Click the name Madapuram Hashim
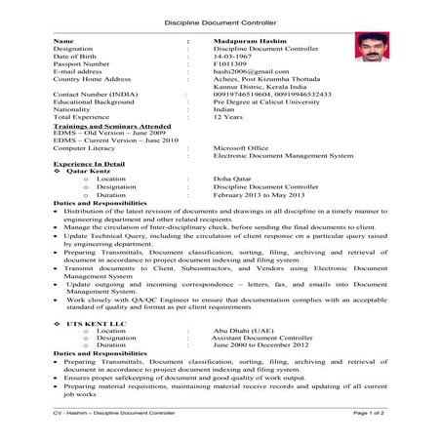[244, 41]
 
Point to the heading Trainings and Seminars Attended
[101, 126]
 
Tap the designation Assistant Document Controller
[265, 338]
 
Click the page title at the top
[220, 19]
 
